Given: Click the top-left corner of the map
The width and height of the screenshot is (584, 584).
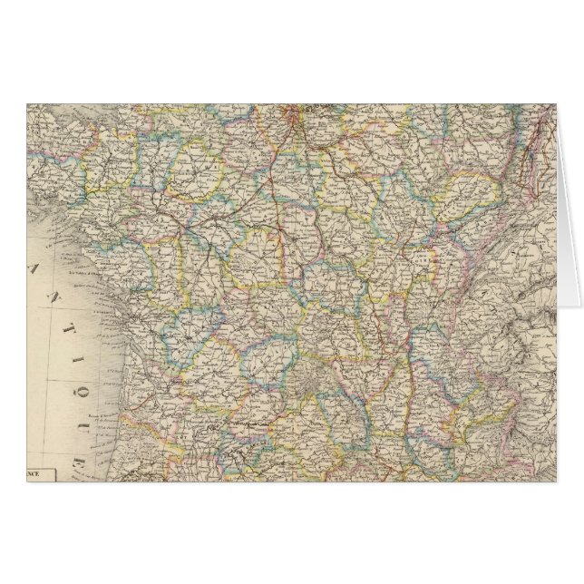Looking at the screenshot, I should [28, 104].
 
